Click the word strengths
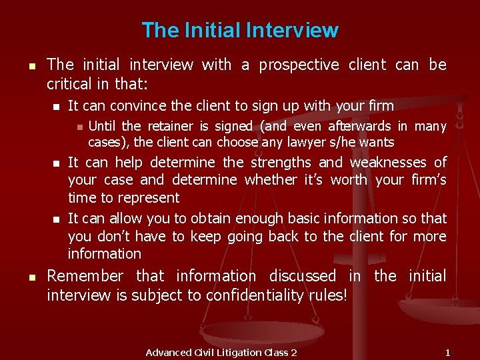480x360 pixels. (281, 162)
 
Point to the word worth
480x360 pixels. (349, 180)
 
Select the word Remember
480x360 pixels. (85, 276)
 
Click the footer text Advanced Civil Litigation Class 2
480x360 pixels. (221, 352)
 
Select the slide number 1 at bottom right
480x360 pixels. (448, 352)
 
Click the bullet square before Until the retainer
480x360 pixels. (78, 127)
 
